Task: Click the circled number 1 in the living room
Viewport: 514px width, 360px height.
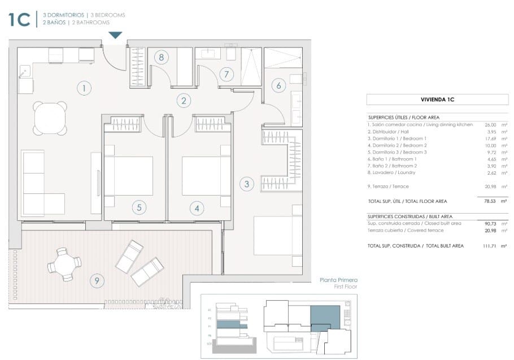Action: click(84, 88)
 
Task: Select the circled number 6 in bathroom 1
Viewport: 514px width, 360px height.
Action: click(278, 86)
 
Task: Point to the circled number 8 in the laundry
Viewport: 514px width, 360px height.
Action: click(162, 57)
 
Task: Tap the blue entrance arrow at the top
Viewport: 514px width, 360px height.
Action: click(115, 35)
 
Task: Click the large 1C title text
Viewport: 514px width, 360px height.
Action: click(19, 19)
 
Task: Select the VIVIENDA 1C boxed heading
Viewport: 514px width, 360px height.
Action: click(438, 99)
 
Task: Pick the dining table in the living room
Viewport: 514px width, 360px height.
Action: click(50, 118)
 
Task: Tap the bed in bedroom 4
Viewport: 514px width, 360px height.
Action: click(202, 176)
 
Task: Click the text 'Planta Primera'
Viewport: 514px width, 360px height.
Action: click(338, 280)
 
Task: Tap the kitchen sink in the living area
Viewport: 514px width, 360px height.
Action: click(25, 72)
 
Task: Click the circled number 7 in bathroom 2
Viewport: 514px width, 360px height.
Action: click(226, 74)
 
